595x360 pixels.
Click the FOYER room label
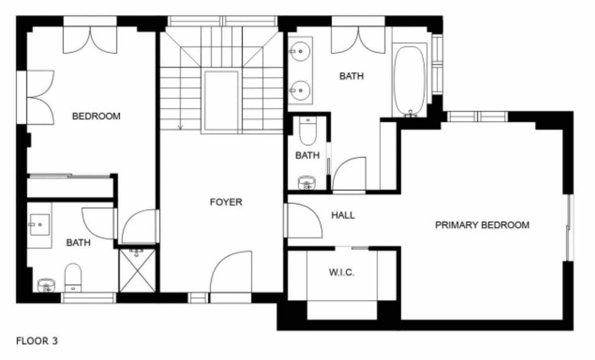[226, 202]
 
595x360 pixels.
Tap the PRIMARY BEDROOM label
[482, 225]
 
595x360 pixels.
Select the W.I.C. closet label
[342, 272]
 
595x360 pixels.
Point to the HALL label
[343, 215]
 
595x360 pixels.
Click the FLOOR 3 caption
[37, 341]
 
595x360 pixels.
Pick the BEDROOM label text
[96, 116]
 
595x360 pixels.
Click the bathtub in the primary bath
[410, 81]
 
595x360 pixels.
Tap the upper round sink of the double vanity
[299, 51]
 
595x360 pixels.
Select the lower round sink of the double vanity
[299, 91]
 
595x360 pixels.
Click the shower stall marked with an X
[137, 270]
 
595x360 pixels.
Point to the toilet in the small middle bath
[308, 131]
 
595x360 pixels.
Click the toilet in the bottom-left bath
[73, 278]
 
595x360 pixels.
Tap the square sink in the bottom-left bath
[40, 225]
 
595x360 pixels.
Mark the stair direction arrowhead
[180, 127]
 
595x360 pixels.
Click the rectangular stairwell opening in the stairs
[221, 101]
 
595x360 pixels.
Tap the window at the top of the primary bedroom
[477, 117]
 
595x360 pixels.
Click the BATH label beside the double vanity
[352, 76]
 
